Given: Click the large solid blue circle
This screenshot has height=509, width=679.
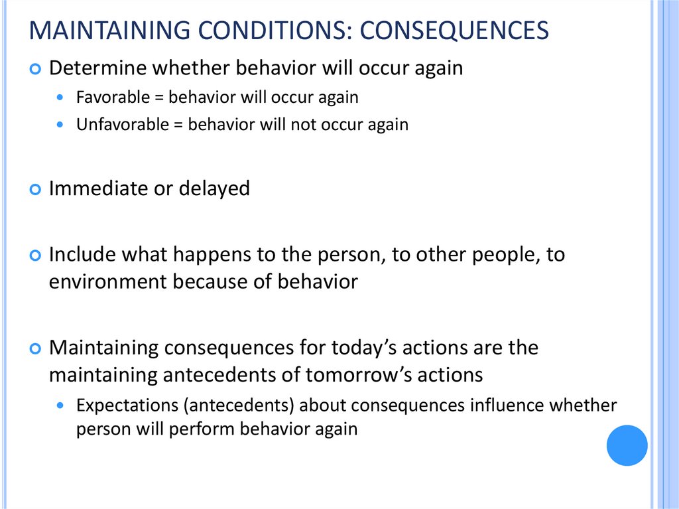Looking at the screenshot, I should [x=627, y=445].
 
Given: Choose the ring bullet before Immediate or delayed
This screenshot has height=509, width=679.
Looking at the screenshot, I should [x=36, y=189].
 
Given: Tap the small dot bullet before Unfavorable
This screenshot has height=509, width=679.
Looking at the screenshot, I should [x=62, y=125].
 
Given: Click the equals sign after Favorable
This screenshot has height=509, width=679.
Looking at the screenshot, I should [x=159, y=98].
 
